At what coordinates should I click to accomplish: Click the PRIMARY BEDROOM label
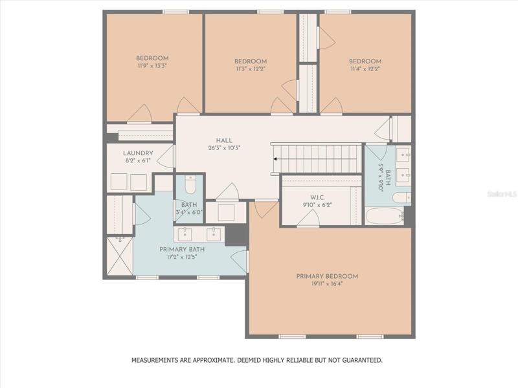pos(327,277)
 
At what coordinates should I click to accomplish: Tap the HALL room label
pos(224,140)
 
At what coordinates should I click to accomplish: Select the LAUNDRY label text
pos(138,153)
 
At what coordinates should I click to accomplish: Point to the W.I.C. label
pos(317,198)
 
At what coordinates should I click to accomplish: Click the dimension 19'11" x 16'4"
pos(327,284)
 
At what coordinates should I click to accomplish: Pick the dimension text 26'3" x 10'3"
pos(224,148)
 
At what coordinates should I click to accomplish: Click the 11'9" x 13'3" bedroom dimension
pos(152,66)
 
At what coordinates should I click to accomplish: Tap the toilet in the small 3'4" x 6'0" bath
pos(190,185)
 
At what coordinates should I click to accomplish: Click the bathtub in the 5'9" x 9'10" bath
pos(385,216)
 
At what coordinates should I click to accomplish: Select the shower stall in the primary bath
pos(120,255)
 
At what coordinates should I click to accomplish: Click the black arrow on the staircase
pos(275,159)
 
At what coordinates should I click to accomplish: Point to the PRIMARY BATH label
pos(182,250)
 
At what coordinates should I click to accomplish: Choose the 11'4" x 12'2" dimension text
pos(365,69)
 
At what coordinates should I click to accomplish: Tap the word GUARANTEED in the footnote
pos(362,360)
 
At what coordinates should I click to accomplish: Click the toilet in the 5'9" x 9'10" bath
pos(401,198)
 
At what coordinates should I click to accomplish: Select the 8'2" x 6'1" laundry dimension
pos(138,160)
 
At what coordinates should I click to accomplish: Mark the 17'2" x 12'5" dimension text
pos(182,257)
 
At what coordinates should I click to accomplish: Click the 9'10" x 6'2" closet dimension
pos(317,205)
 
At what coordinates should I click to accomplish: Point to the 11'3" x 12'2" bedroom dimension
pos(251,69)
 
